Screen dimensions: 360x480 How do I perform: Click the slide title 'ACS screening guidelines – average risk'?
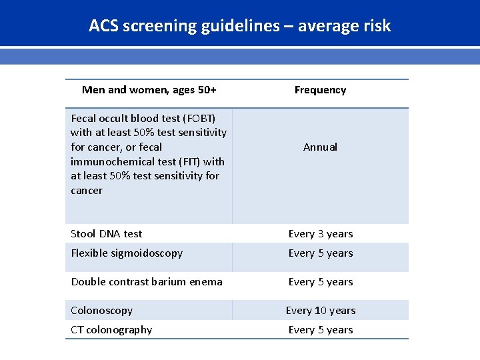[x=239, y=26]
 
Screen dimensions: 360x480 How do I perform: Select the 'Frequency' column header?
[x=320, y=90]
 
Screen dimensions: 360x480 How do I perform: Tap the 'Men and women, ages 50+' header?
[x=149, y=90]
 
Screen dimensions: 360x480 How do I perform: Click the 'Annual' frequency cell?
[x=320, y=147]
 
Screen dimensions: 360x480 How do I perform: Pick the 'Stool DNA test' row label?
[x=107, y=234]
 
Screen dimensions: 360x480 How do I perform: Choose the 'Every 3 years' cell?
[x=320, y=234]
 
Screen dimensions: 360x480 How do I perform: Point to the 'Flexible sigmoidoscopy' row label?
[x=127, y=253]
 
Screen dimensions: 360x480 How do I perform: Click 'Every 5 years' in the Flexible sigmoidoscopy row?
[x=320, y=253]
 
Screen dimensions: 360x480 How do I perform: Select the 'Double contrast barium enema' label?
[x=147, y=282]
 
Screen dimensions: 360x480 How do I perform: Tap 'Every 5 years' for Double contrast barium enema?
[x=320, y=282]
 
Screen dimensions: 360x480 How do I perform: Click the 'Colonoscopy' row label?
[x=102, y=311]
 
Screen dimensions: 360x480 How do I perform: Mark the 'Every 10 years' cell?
[x=320, y=311]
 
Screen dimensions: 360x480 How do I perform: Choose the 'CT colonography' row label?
[x=111, y=330]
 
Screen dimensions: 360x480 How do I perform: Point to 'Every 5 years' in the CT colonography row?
[x=320, y=330]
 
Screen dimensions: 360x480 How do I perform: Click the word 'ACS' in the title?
[x=103, y=26]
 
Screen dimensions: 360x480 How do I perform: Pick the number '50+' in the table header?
[x=203, y=90]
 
